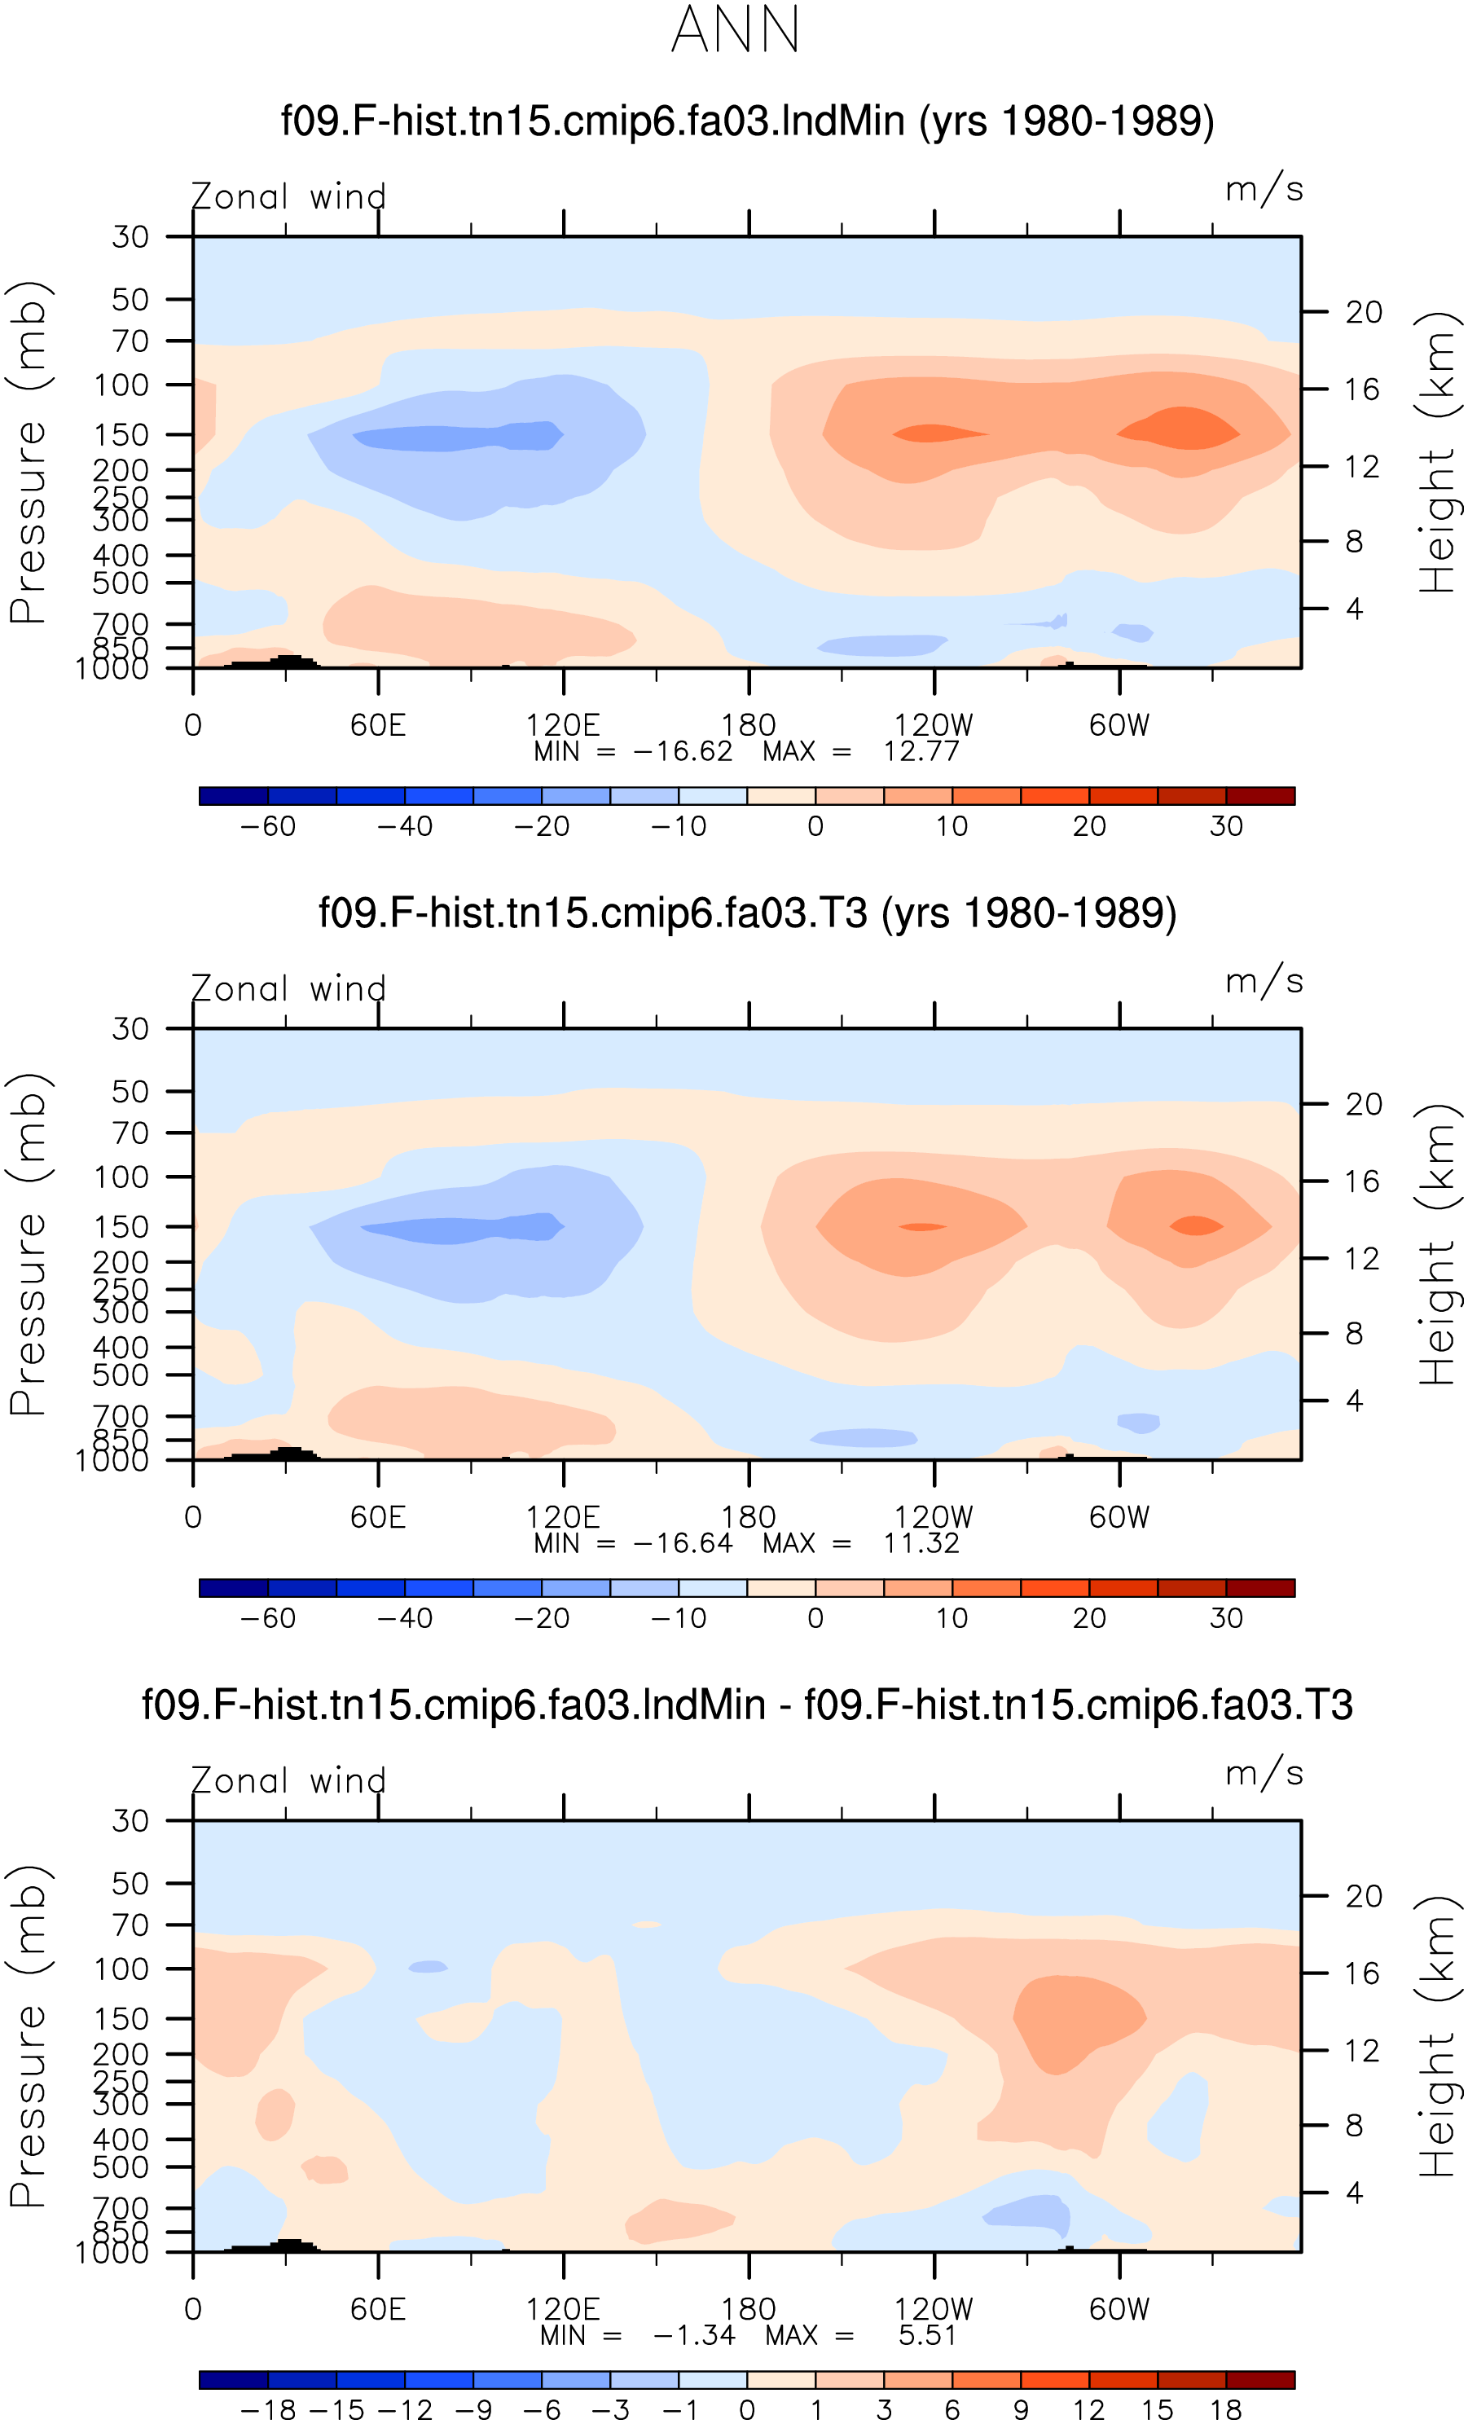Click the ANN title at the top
(735, 29)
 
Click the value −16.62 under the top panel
(683, 751)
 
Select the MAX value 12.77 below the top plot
(921, 751)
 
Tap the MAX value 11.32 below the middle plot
(921, 1543)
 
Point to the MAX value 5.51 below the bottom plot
(927, 2335)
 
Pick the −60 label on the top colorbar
(268, 826)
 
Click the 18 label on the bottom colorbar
(1226, 2409)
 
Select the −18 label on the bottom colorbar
(268, 2409)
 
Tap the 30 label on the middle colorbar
(1226, 1618)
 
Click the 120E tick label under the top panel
(563, 725)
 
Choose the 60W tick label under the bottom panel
(1119, 2309)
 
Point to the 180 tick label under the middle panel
(749, 1517)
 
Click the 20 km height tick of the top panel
(1364, 312)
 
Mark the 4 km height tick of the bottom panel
(1354, 2193)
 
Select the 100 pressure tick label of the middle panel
(121, 1177)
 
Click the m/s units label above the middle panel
(1264, 981)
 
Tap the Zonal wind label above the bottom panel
(288, 1780)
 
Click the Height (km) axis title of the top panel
(1438, 451)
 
